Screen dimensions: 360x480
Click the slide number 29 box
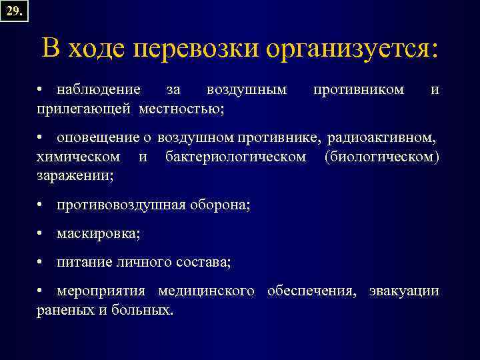(x=15, y=11)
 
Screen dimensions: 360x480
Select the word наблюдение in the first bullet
(x=99, y=89)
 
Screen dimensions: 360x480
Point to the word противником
(x=359, y=89)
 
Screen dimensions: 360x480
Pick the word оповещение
(x=99, y=138)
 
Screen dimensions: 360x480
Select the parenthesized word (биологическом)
(x=382, y=157)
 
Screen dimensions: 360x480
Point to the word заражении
(x=75, y=175)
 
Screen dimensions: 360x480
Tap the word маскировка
(x=98, y=234)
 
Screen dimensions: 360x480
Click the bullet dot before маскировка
(x=41, y=234)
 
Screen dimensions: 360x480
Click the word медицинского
(x=206, y=291)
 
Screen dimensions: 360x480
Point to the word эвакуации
(x=405, y=291)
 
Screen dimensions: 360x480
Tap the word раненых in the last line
(x=65, y=310)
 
